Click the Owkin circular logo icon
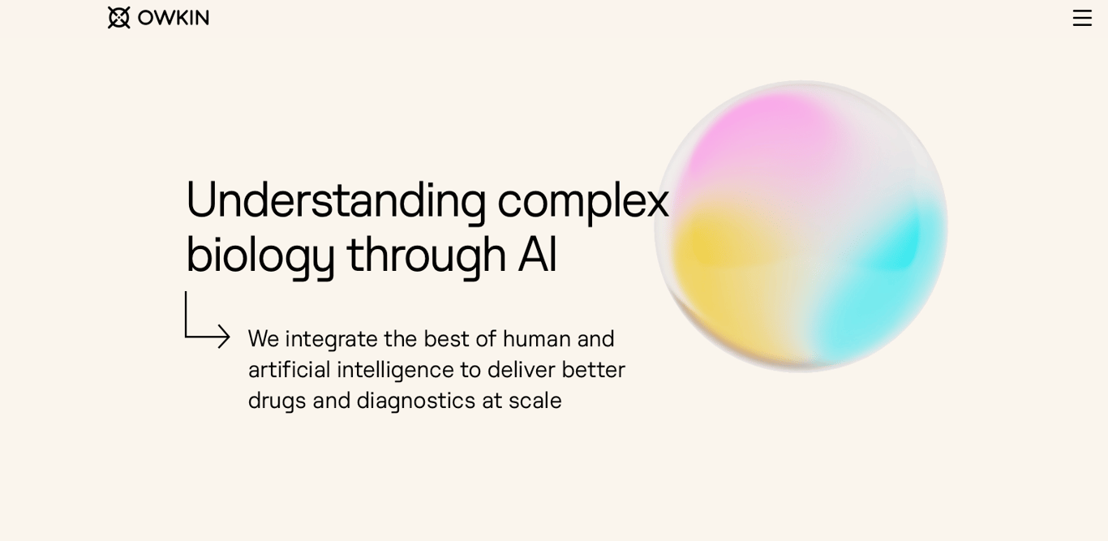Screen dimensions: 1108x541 [118, 18]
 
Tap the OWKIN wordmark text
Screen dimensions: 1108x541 [174, 18]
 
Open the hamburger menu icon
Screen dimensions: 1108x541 [1082, 18]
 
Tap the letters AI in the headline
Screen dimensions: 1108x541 [538, 255]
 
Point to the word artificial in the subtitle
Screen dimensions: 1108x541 [290, 370]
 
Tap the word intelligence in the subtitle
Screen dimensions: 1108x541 [395, 371]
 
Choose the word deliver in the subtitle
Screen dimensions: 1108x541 [522, 370]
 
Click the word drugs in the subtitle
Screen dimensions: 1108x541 [277, 401]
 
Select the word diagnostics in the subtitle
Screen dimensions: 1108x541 [416, 401]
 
